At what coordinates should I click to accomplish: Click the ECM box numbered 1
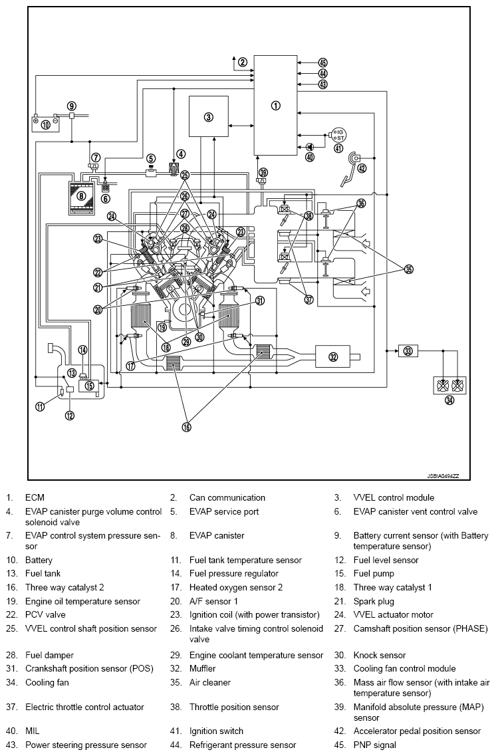(276, 105)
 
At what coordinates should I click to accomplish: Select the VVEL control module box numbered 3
(208, 117)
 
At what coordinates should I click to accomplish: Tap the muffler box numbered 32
(333, 356)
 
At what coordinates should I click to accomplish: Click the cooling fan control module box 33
(408, 350)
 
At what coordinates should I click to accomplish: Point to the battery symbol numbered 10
(45, 124)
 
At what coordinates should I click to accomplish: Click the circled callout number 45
(323, 61)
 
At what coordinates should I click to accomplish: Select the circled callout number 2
(243, 63)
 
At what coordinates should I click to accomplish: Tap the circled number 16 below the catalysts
(187, 428)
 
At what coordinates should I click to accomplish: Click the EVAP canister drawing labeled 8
(81, 195)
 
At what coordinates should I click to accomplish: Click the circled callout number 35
(409, 269)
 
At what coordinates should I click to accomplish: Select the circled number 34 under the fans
(449, 401)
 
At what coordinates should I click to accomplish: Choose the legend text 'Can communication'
(227, 497)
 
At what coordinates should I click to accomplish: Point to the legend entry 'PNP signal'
(374, 745)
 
